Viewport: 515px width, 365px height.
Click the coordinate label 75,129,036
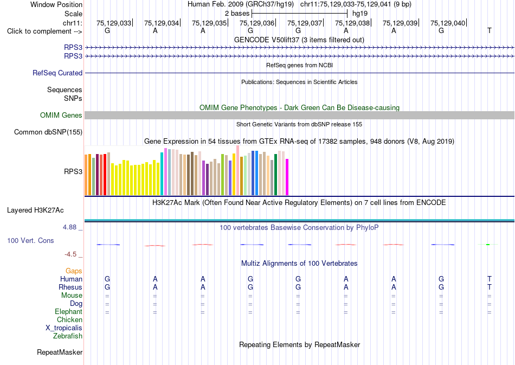tap(257, 23)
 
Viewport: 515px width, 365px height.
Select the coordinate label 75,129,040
tap(448, 23)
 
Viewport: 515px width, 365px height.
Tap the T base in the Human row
tap(490, 279)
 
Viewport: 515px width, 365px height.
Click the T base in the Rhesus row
tap(490, 287)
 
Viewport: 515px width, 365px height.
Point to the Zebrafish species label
tap(68, 336)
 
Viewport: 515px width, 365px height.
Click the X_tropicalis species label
tap(64, 328)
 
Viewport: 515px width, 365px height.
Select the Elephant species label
tap(69, 311)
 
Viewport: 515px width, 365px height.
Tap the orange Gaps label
tap(74, 271)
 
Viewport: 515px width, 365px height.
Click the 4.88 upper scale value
tap(69, 227)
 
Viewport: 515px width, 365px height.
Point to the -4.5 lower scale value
tap(70, 254)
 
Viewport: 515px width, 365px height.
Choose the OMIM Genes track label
tap(61, 115)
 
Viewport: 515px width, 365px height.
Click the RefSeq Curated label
tap(57, 73)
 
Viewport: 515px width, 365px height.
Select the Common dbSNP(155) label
tap(48, 132)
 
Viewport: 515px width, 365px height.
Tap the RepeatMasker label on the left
tap(60, 352)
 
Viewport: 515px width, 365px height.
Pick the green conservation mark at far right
tap(488, 245)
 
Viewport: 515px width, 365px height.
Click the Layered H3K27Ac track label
tap(35, 210)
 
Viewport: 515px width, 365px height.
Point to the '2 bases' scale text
tap(237, 14)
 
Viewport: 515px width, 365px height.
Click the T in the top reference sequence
tap(490, 30)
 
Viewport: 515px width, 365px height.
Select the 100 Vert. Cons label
tap(30, 240)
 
